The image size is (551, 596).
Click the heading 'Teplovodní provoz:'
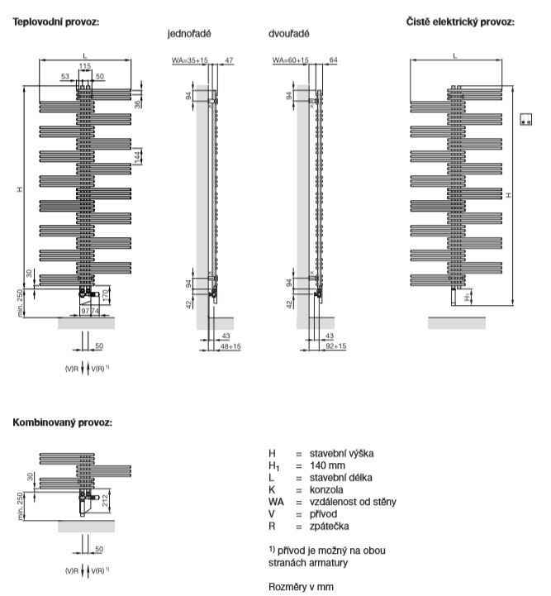(x=56, y=21)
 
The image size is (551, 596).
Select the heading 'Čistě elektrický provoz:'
(x=460, y=21)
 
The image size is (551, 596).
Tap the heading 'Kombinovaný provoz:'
(x=62, y=422)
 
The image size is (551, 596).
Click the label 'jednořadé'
(x=189, y=34)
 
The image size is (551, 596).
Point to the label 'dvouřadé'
(x=289, y=34)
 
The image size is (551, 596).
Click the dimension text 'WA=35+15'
(x=190, y=60)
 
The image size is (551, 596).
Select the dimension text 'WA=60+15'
(x=291, y=60)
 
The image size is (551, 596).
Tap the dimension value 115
(x=85, y=66)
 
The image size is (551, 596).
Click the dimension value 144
(x=137, y=156)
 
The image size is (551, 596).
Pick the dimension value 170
(x=106, y=295)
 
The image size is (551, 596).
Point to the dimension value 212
(x=105, y=500)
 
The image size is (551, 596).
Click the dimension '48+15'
(x=230, y=346)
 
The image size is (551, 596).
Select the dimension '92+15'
(x=336, y=346)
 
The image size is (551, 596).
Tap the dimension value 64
(x=334, y=60)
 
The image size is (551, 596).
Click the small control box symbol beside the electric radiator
(x=526, y=119)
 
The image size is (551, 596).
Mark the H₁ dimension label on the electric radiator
(x=468, y=297)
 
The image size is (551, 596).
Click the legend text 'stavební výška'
(x=341, y=453)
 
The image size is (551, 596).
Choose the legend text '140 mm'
(x=327, y=465)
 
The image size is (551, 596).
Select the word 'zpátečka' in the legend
(x=330, y=526)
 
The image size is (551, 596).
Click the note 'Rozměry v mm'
(x=301, y=587)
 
